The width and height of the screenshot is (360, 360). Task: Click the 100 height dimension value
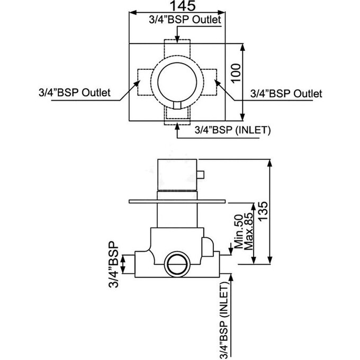[236, 73]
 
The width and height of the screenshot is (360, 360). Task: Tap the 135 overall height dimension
[263, 211]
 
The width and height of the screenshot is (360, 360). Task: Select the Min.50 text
[239, 231]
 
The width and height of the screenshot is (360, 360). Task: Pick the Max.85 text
[249, 231]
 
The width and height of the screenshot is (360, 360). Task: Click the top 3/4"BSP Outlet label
[185, 20]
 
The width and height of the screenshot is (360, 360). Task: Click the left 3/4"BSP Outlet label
[75, 93]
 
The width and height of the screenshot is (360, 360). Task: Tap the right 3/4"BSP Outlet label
[286, 94]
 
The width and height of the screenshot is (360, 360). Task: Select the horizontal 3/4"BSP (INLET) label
[232, 130]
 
